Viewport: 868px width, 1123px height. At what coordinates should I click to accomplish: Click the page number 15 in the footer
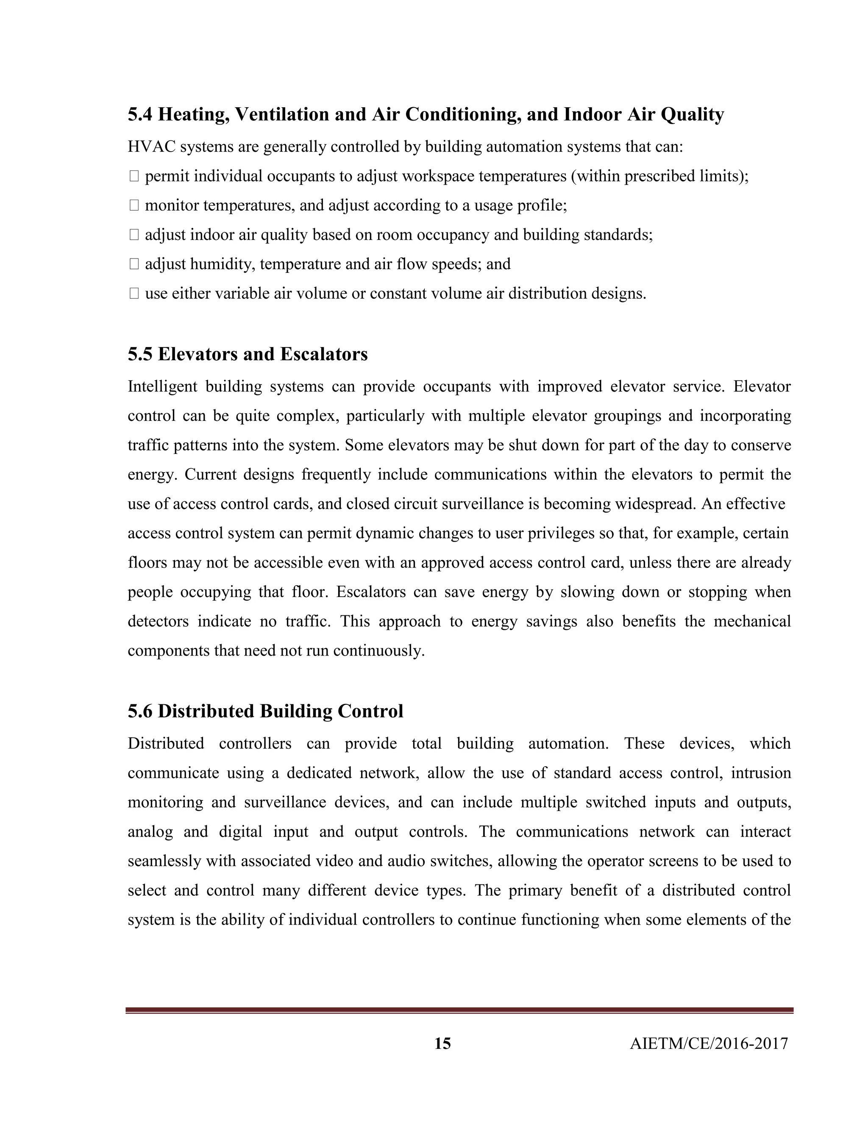pyautogui.click(x=442, y=1043)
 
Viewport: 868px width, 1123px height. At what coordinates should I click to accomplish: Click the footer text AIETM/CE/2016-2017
pyautogui.click(x=709, y=1043)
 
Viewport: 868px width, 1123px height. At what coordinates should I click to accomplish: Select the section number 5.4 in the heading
pyautogui.click(x=140, y=114)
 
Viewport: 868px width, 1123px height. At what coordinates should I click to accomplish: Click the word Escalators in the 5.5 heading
pyautogui.click(x=323, y=354)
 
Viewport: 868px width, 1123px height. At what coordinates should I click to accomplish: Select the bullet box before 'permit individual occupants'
pyautogui.click(x=134, y=176)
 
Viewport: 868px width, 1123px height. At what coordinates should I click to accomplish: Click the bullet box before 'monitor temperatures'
pyautogui.click(x=134, y=206)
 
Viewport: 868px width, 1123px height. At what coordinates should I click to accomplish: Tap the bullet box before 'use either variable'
pyautogui.click(x=134, y=294)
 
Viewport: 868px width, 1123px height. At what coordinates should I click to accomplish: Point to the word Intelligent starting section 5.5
pyautogui.click(x=162, y=386)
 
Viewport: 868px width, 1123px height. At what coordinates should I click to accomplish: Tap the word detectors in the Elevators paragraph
pyautogui.click(x=158, y=621)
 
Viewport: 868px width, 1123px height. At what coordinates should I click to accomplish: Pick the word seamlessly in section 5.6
pyautogui.click(x=164, y=861)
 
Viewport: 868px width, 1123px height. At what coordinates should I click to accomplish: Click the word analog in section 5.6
pyautogui.click(x=150, y=832)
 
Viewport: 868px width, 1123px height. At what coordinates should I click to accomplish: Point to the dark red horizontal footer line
pyautogui.click(x=459, y=1010)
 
